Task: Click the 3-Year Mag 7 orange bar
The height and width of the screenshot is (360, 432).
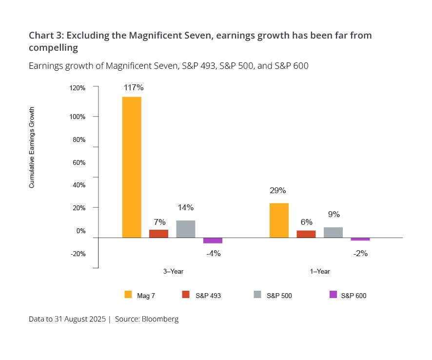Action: [132, 167]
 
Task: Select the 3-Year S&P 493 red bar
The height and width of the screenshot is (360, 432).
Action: [158, 234]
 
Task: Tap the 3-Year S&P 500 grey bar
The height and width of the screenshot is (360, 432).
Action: [186, 229]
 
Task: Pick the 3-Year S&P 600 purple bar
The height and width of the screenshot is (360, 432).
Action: [213, 240]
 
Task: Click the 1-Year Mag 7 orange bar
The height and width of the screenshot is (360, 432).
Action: [279, 220]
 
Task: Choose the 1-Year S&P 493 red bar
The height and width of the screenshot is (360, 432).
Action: [306, 234]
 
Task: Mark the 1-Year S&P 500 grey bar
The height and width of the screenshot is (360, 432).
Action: [333, 232]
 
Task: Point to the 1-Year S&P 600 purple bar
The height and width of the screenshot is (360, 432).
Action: [360, 239]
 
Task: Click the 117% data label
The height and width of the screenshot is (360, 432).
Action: [133, 88]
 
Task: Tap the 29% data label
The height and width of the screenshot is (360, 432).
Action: [278, 190]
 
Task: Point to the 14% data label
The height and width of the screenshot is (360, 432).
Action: [186, 207]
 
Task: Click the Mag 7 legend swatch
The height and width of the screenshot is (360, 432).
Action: [128, 295]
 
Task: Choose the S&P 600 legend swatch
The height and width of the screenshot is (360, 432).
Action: [334, 295]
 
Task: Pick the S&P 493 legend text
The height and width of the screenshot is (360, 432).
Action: [208, 296]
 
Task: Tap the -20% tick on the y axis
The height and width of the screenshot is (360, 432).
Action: [78, 254]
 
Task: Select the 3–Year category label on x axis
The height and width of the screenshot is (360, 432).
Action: [173, 272]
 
